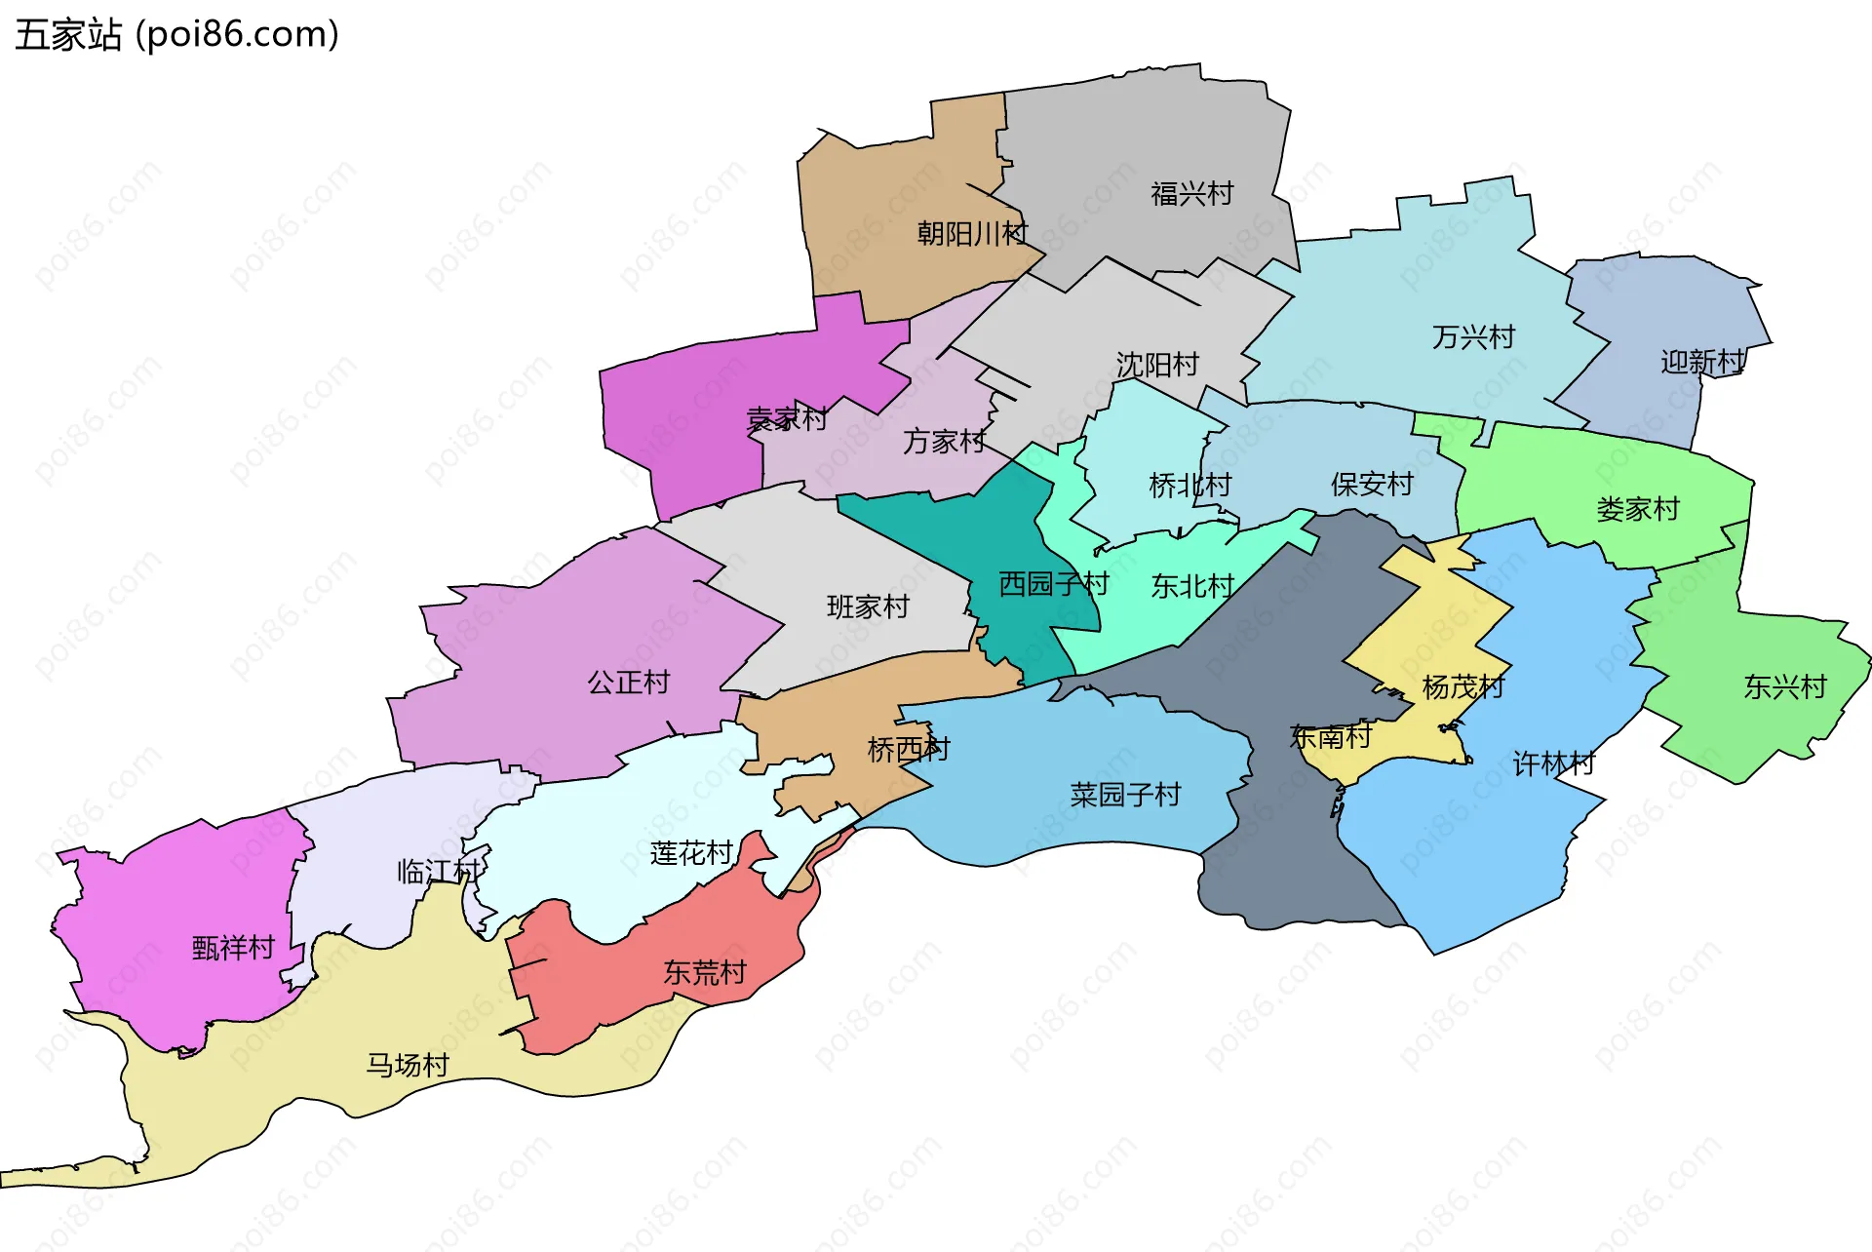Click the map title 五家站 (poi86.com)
[x=176, y=35]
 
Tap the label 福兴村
[x=1191, y=194]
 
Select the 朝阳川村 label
[x=972, y=234]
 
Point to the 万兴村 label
[x=1473, y=337]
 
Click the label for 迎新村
[x=1702, y=363]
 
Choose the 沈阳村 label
[x=1157, y=365]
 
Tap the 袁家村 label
[x=787, y=419]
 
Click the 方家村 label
[x=944, y=442]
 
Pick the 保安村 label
[x=1372, y=484]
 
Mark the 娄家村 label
[x=1638, y=509]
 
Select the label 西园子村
[x=1054, y=584]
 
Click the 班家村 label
[x=868, y=606]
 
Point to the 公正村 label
[x=629, y=682]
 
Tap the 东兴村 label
[x=1785, y=687]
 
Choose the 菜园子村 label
[x=1125, y=795]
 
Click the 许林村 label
[x=1554, y=763]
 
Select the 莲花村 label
[x=691, y=854]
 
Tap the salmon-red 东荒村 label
[x=705, y=972]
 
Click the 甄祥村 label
[x=234, y=948]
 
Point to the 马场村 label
[x=408, y=1065]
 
